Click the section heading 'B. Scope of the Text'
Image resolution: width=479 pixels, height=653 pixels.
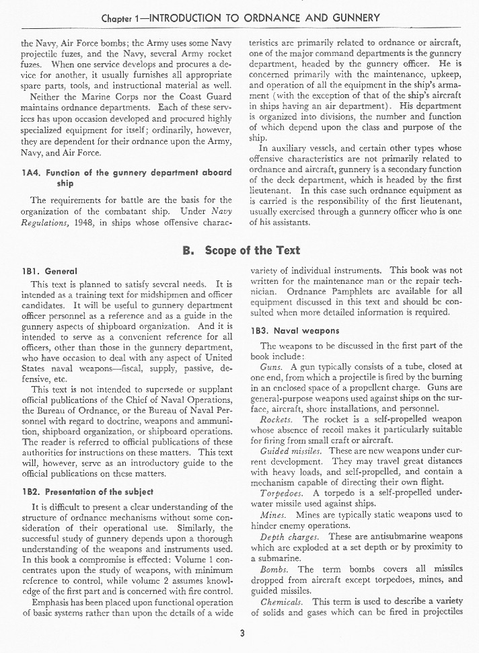point(242,250)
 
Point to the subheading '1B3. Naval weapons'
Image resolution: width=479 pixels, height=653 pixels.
point(295,331)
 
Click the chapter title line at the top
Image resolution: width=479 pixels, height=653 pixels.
point(239,17)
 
